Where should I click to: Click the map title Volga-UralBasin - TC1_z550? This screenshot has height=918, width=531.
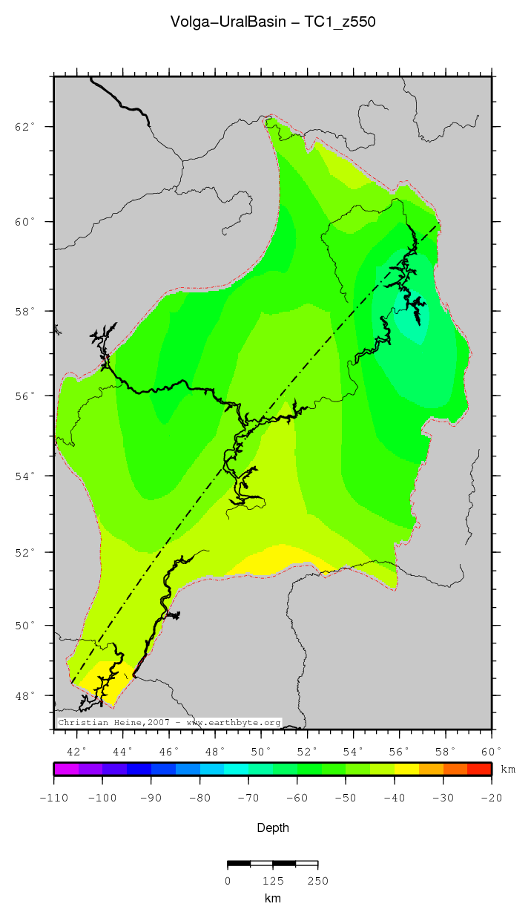tap(273, 22)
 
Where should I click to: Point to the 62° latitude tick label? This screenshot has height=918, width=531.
tap(25, 127)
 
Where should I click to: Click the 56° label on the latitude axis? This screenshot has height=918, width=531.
tap(25, 396)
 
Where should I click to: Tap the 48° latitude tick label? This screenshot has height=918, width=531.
tap(25, 696)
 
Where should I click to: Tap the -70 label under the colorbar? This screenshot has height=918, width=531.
tap(248, 798)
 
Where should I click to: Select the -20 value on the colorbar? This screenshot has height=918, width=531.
tap(492, 798)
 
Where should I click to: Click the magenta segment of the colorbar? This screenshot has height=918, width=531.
tap(66, 770)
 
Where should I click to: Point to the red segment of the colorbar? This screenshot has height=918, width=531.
tap(479, 770)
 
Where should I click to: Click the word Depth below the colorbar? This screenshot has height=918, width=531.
tap(273, 827)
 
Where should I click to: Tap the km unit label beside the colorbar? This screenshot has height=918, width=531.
tap(508, 770)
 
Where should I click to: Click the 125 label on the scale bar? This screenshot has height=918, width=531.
tap(273, 881)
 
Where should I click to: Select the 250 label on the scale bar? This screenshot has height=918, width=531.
tap(317, 881)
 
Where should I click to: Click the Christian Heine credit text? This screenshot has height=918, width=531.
tap(169, 722)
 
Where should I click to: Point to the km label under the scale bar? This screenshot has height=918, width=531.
tap(273, 899)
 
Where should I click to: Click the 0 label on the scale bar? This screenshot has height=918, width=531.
tap(228, 881)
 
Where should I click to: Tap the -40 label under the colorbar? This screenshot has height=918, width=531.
tap(395, 798)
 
